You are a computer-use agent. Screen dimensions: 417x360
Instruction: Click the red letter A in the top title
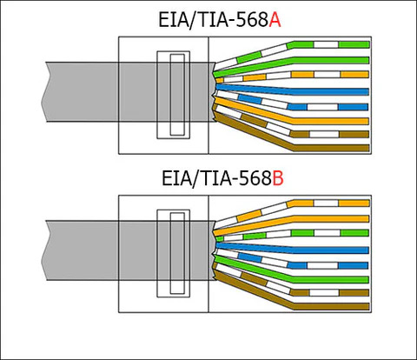(275, 20)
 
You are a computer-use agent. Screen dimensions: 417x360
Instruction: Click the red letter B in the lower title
(278, 178)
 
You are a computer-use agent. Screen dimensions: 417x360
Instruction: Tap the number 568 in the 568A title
(251, 20)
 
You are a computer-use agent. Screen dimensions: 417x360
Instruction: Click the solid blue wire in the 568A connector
(293, 90)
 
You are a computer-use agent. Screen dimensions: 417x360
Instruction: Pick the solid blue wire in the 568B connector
(293, 249)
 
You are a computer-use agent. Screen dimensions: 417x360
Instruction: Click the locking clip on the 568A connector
(174, 95)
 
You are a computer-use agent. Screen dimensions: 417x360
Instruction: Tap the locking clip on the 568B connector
(174, 253)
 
